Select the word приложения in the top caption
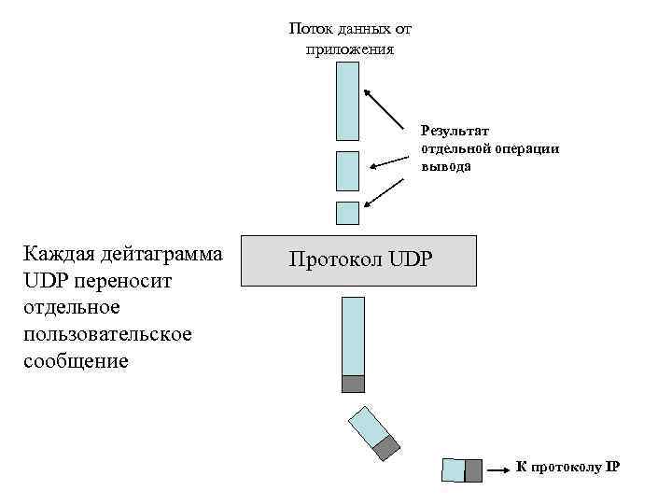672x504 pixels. [x=350, y=49]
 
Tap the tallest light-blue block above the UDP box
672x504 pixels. [x=347, y=101]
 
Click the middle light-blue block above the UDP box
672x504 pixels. [x=347, y=170]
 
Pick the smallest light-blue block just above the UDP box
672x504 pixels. [x=347, y=213]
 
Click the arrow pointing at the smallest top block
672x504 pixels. [x=385, y=192]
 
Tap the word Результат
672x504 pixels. [x=455, y=132]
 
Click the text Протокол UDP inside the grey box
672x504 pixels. [x=360, y=259]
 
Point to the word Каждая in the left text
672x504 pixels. [x=61, y=254]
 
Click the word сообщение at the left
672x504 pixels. [x=76, y=360]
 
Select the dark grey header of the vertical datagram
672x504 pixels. [x=353, y=383]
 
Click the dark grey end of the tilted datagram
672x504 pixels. [x=386, y=449]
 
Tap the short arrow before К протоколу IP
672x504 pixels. [x=499, y=469]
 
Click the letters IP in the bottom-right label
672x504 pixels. [x=612, y=468]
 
